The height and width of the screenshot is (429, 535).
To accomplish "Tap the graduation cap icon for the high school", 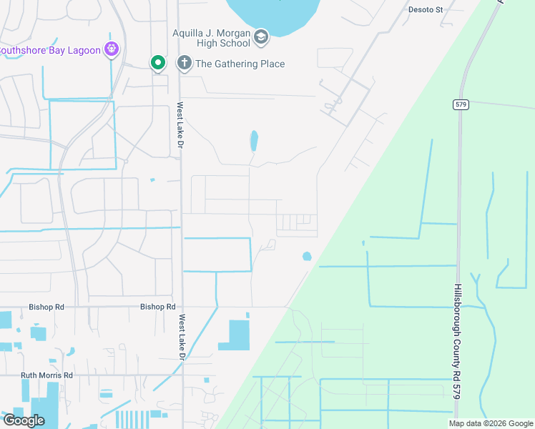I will pos(261,36).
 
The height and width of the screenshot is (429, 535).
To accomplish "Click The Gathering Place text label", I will pos(240,64).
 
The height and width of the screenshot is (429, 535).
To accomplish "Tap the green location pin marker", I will pos(157,63).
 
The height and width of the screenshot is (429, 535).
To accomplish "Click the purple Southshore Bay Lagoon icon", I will pos(111,49).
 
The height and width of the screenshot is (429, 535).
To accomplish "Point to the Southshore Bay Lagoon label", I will pos(50,49).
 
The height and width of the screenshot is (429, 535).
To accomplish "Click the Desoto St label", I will pos(426,9).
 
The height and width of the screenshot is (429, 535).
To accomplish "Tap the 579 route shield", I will pos(461,104).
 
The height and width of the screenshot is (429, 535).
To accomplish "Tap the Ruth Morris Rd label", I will pos(46,375).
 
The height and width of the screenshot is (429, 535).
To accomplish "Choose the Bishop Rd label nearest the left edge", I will pos(46,307).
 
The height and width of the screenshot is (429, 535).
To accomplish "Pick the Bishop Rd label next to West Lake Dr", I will pos(158,307).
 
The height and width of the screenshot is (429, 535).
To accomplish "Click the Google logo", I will pos(24,420).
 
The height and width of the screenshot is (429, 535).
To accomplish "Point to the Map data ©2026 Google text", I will pos(490,423).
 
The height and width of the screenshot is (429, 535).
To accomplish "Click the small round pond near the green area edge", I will pos(307,256).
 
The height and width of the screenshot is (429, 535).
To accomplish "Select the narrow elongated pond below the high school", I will pos(253,140).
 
